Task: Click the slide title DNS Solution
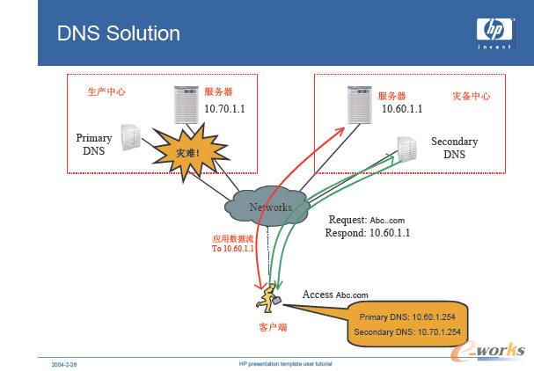(118, 33)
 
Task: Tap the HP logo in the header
(495, 32)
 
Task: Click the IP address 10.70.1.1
(225, 108)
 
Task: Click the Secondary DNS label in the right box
(454, 148)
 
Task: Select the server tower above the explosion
(185, 104)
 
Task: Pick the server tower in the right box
(357, 105)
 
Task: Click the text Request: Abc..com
(369, 220)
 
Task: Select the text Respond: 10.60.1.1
(368, 233)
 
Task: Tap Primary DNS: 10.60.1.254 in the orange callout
(406, 316)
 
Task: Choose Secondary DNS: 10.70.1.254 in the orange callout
(406, 332)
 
